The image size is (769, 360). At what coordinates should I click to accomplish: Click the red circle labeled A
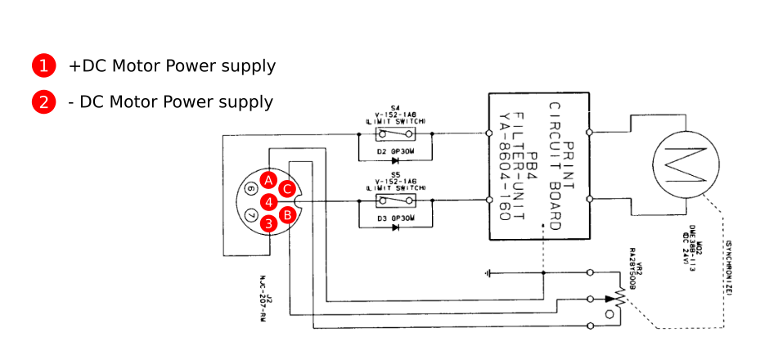coord(268,180)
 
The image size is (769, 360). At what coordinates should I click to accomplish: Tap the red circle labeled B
coord(287,215)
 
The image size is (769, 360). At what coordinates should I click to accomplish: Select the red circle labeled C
coord(286,189)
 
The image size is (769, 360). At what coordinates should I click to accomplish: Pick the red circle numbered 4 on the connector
coord(268,201)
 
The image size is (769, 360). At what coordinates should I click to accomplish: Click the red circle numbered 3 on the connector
coord(268,223)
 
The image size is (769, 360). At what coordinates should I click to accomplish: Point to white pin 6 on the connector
coord(250,189)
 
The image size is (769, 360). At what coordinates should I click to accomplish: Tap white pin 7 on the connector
coord(250,215)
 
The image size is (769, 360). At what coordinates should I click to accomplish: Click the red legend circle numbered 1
coord(43,65)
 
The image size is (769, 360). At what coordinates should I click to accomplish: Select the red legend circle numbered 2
coord(43,102)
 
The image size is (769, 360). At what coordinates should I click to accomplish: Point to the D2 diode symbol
coord(395,160)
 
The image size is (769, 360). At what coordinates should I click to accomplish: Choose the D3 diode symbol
coord(395,227)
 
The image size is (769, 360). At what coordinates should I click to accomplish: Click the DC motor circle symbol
coord(685,164)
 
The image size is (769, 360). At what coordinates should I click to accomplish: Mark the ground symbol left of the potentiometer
coord(488,272)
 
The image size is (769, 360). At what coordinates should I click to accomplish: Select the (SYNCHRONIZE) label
coord(727,270)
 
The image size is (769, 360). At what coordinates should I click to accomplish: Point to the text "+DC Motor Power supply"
coord(172,65)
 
